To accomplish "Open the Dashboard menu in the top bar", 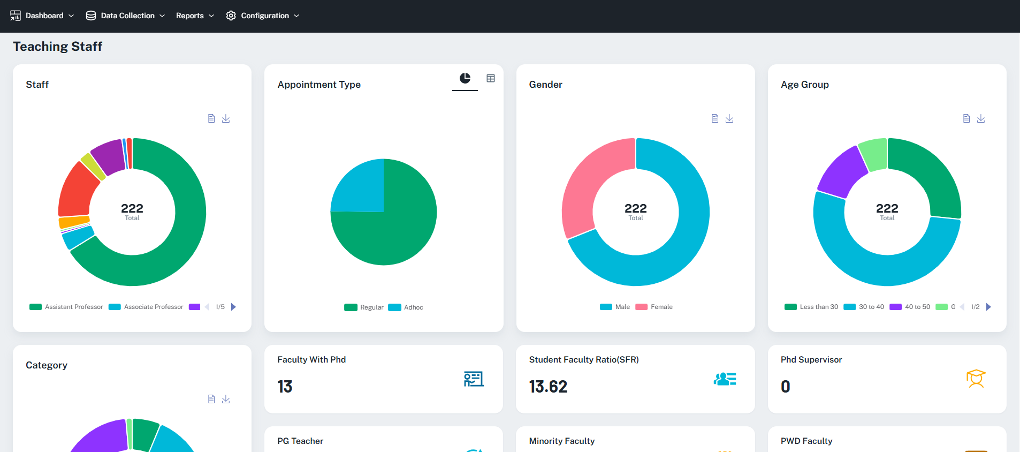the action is [42, 16].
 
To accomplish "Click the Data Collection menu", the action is [125, 16].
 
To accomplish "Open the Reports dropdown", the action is [195, 16].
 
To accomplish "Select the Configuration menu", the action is [262, 16].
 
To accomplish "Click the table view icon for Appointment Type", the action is [491, 78].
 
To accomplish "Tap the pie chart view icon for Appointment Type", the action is [465, 78].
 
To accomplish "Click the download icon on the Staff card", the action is [226, 118].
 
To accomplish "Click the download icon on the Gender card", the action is [729, 118].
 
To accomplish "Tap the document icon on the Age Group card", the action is [966, 118].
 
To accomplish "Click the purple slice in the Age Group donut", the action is [841, 171].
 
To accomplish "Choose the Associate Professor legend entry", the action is [146, 307].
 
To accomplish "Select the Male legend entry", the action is [615, 307].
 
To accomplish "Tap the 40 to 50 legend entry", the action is [910, 307].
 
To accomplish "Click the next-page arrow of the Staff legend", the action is [233, 307].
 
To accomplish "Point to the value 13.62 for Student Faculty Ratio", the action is [548, 387].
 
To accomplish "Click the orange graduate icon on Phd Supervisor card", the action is [976, 379].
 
